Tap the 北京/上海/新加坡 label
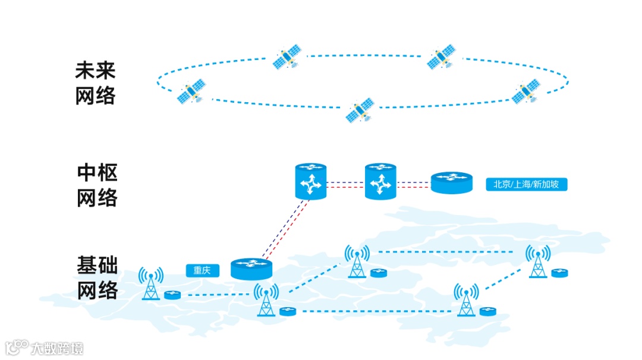526,184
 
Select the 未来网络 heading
95,83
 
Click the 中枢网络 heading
97,185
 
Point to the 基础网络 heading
97,277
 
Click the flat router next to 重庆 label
251,269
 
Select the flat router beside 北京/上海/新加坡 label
452,182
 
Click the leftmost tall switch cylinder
311,181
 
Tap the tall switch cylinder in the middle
380,181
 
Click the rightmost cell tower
538,261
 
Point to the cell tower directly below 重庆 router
266,299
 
